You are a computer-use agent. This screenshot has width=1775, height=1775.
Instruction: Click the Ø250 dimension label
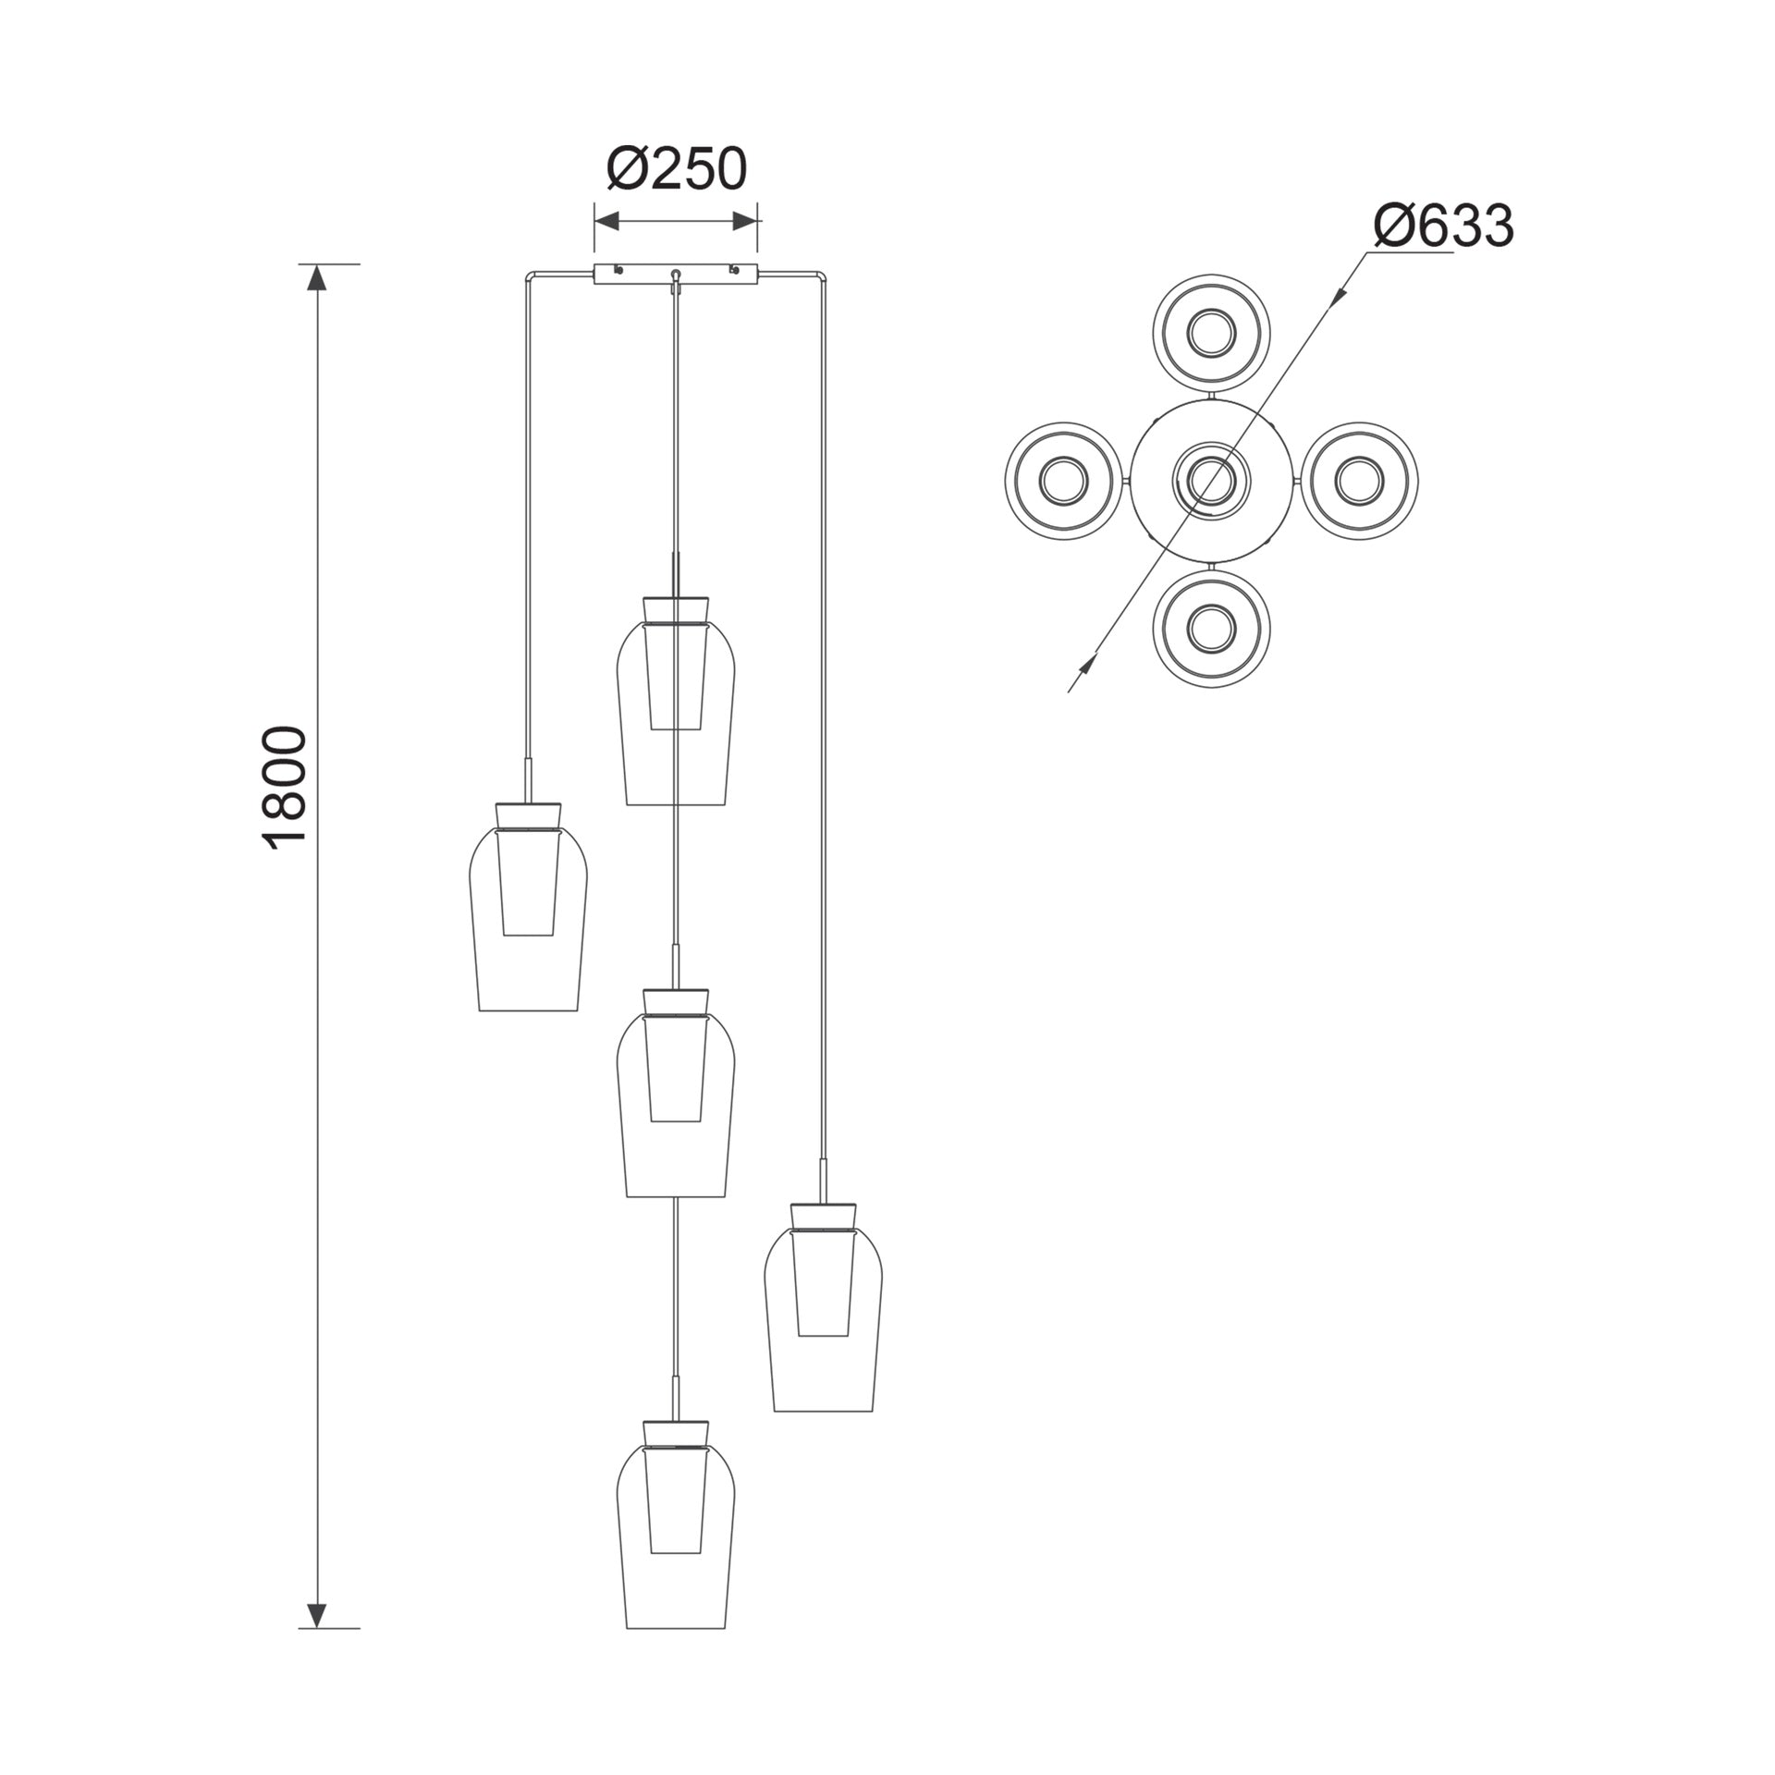[x=676, y=170]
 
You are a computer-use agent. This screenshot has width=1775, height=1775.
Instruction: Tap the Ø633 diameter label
[x=1444, y=226]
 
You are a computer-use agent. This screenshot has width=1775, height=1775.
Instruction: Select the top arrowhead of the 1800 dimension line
[x=317, y=278]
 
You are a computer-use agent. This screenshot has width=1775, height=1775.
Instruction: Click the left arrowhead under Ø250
[x=606, y=221]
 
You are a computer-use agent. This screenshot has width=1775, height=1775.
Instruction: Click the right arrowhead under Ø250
[x=745, y=221]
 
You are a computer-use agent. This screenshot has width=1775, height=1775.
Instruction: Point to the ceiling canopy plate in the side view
[x=676, y=274]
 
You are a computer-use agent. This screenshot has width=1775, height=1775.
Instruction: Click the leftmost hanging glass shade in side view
[x=528, y=906]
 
